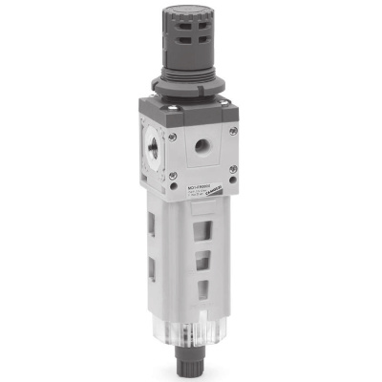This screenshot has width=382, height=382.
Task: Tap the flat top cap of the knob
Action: click(187, 12)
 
